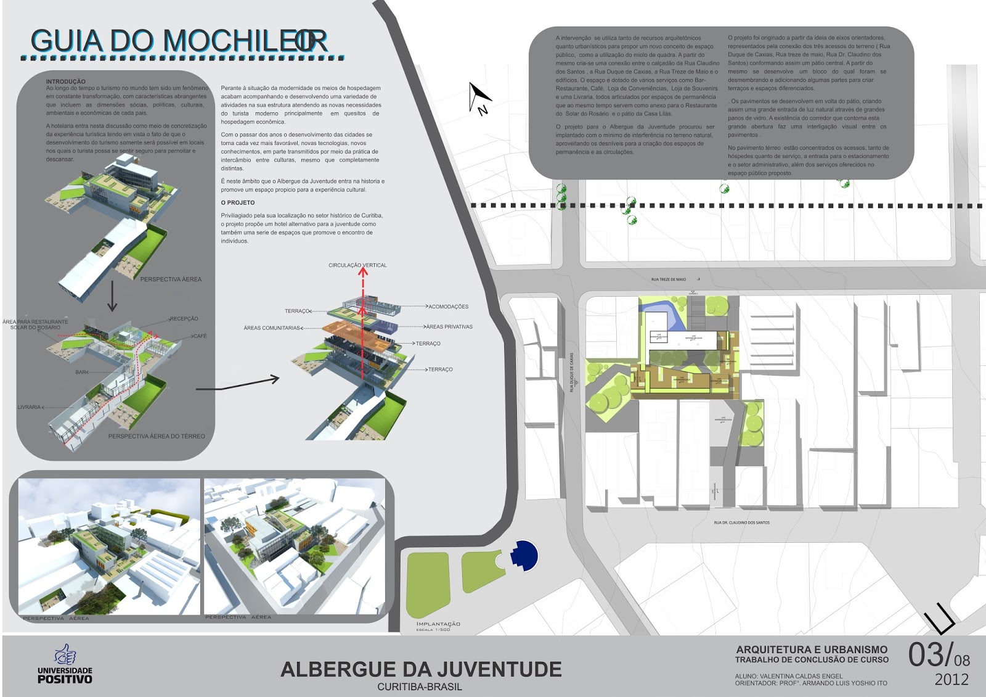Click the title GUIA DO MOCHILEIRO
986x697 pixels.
tap(179, 41)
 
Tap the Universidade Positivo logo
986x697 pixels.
tap(65, 665)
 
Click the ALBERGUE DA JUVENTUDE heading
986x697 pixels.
tap(421, 669)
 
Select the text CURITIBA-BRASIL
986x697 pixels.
tap(420, 687)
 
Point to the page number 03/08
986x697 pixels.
tap(939, 655)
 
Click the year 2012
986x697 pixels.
tap(951, 680)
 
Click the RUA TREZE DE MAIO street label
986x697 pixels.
tap(668, 279)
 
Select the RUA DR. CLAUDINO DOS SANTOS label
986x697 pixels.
tap(741, 522)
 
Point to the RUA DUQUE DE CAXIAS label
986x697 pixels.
tap(572, 372)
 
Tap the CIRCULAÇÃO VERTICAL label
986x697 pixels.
tap(357, 265)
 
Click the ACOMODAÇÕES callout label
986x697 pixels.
tap(448, 307)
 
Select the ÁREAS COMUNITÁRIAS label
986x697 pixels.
tap(272, 328)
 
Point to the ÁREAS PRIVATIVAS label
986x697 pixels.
tap(449, 327)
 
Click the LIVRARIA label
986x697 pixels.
tap(29, 407)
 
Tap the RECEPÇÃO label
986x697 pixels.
tap(184, 319)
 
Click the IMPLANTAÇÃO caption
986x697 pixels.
tap(438, 624)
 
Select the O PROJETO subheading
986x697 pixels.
tap(238, 202)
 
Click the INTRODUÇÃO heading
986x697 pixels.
tap(66, 81)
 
